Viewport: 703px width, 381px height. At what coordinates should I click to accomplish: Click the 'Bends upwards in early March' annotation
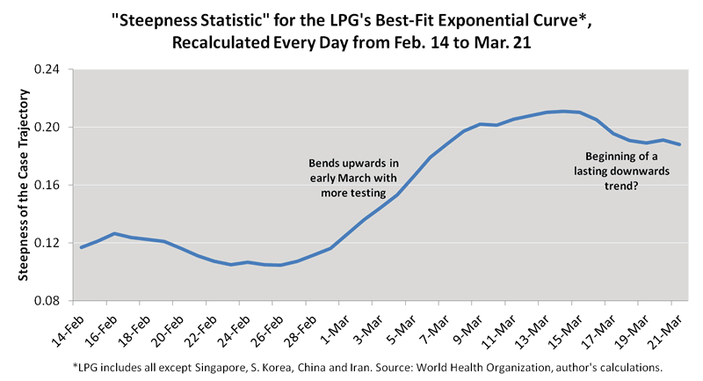tap(354, 178)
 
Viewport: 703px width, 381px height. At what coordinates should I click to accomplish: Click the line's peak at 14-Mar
tap(563, 111)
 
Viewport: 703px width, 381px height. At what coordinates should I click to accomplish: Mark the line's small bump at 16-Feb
tap(113, 233)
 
